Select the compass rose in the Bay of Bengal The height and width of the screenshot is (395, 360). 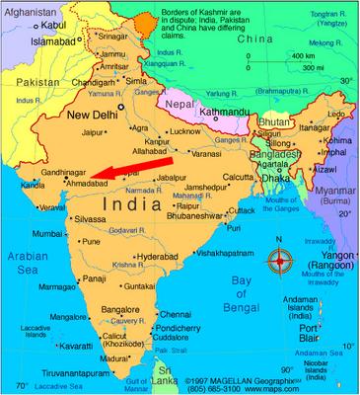pyautogui.click(x=281, y=260)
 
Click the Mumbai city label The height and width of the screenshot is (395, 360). pyautogui.click(x=46, y=234)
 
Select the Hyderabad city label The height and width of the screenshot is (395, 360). pyautogui.click(x=157, y=256)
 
